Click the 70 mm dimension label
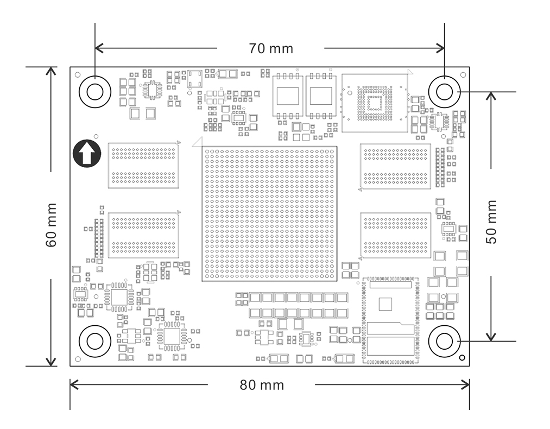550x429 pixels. [x=271, y=48]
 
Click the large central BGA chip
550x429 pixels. [x=269, y=213]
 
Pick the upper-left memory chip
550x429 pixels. [x=143, y=166]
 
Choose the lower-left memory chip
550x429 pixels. [x=143, y=235]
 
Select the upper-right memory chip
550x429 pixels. [x=396, y=166]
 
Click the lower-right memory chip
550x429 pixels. [x=396, y=235]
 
